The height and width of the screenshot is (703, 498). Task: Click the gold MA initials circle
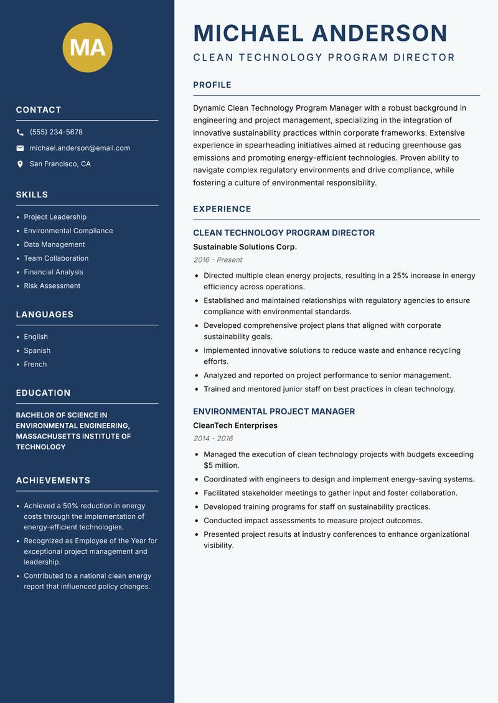(x=87, y=47)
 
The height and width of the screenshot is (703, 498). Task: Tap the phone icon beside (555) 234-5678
(x=20, y=133)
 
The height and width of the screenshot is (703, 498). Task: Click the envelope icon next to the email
(x=20, y=148)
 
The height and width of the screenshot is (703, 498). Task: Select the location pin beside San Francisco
(x=20, y=164)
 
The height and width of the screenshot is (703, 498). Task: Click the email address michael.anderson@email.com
(x=80, y=148)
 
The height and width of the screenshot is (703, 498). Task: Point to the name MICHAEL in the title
(x=248, y=33)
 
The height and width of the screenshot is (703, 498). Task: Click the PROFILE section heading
(x=212, y=85)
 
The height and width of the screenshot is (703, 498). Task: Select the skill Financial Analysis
(x=54, y=272)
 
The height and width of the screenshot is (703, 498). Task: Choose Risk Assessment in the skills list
(x=52, y=286)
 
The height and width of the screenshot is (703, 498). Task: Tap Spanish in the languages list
(x=37, y=350)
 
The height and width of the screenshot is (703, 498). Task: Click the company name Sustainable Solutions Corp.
(x=245, y=247)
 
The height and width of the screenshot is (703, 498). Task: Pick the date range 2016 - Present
(x=217, y=260)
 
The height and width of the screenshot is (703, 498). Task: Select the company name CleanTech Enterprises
(x=235, y=426)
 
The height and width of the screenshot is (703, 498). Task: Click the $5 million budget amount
(x=222, y=465)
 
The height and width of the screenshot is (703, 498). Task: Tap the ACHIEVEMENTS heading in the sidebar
(x=53, y=480)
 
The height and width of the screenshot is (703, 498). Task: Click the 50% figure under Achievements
(x=71, y=506)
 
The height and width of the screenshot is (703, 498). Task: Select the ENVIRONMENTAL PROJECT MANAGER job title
(x=274, y=411)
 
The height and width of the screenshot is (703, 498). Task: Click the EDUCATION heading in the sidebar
(x=43, y=393)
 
